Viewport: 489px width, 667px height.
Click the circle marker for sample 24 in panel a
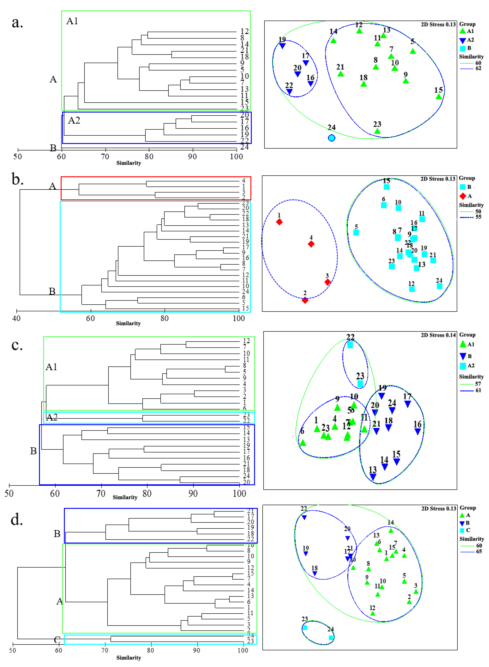click(x=332, y=138)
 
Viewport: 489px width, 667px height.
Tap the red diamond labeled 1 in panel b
click(x=279, y=222)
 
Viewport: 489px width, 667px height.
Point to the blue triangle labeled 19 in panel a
click(x=282, y=46)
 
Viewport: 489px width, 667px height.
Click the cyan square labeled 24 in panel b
click(x=440, y=286)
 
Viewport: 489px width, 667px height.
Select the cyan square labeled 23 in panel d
click(x=305, y=628)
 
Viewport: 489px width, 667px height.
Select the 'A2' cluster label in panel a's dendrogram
click(x=74, y=120)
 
